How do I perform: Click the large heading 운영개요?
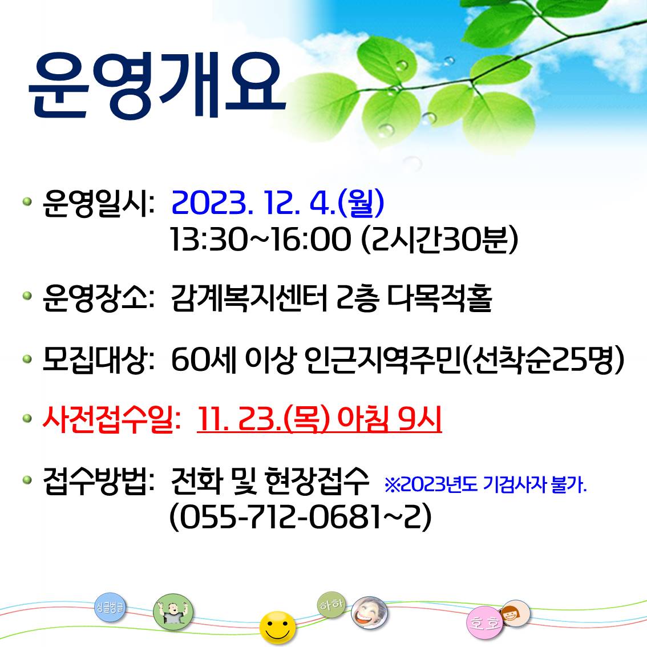click(x=157, y=86)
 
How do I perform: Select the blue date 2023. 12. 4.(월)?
click(x=278, y=203)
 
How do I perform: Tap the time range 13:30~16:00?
click(x=260, y=239)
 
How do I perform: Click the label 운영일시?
click(x=98, y=204)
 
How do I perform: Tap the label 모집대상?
click(x=98, y=360)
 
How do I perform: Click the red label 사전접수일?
click(x=111, y=420)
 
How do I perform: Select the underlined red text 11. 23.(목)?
click(x=264, y=419)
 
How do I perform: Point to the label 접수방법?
click(x=98, y=481)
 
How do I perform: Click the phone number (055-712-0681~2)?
click(x=300, y=516)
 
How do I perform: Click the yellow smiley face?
click(x=278, y=627)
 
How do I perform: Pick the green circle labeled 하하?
click(x=331, y=605)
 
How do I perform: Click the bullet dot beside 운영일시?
click(x=27, y=201)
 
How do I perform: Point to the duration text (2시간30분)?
click(x=439, y=239)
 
